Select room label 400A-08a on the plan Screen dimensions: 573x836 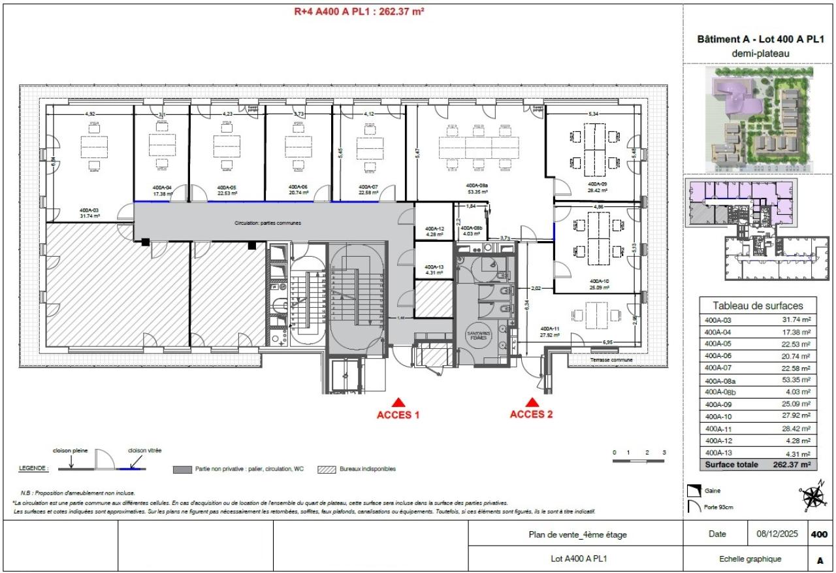tap(477, 186)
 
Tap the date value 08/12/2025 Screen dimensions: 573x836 tap(778, 534)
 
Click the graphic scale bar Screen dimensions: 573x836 tap(639, 461)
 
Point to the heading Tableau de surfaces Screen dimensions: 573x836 tap(758, 305)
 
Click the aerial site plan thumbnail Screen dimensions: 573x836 tap(758, 118)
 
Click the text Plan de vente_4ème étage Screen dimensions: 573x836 tap(577, 534)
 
